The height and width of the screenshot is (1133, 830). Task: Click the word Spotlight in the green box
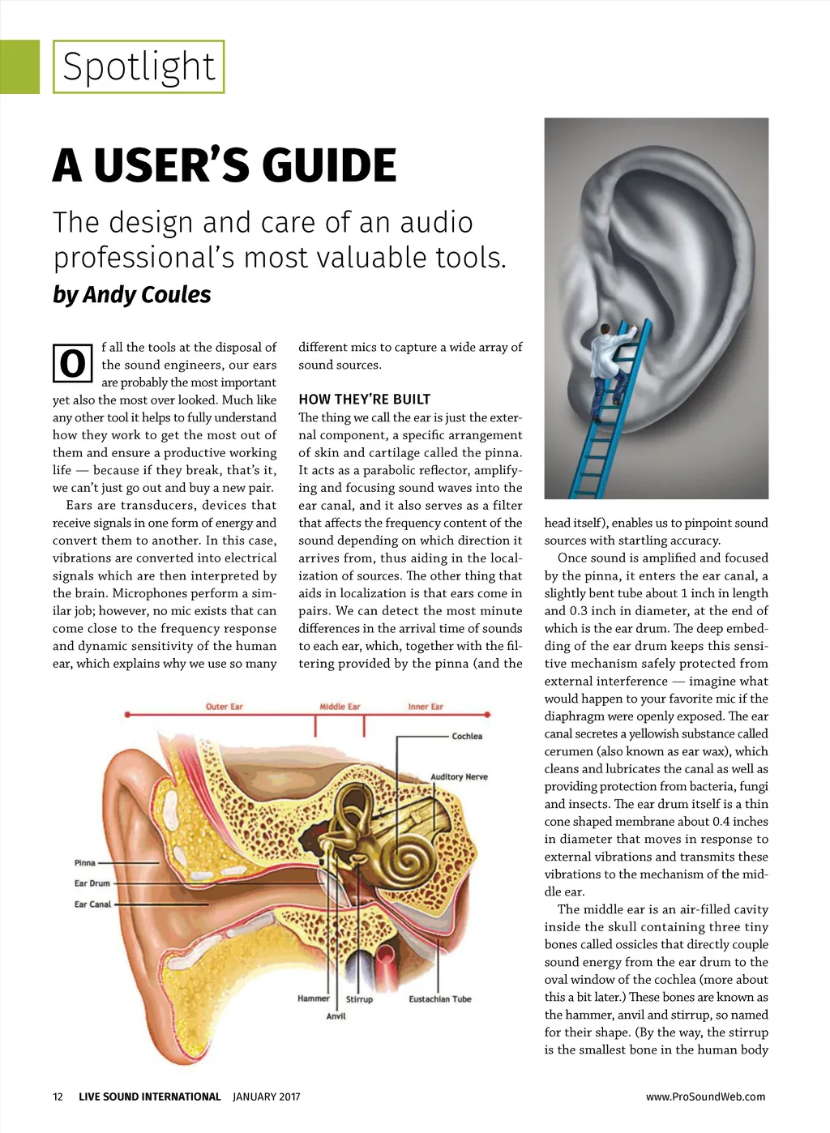139,66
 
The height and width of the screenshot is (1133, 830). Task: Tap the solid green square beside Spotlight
19,66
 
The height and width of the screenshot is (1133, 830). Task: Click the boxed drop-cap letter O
72,363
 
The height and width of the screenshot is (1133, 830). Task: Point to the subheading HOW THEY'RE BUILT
364,399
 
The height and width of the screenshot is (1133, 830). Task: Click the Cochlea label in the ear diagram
467,736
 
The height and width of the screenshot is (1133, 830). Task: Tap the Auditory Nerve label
459,776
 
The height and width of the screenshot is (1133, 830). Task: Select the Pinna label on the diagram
85,863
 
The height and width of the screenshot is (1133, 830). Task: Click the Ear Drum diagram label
92,883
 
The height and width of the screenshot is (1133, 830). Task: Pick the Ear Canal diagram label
92,904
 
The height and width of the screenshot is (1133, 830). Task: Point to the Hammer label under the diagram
314,998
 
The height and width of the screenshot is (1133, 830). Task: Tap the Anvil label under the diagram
336,1015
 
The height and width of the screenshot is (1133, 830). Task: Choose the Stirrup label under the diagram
360,999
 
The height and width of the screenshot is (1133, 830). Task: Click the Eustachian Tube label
439,999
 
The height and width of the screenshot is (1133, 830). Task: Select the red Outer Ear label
224,707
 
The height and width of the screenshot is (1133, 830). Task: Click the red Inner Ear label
426,707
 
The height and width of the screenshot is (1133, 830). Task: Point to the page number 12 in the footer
58,1097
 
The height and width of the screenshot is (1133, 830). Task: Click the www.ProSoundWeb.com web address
705,1097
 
